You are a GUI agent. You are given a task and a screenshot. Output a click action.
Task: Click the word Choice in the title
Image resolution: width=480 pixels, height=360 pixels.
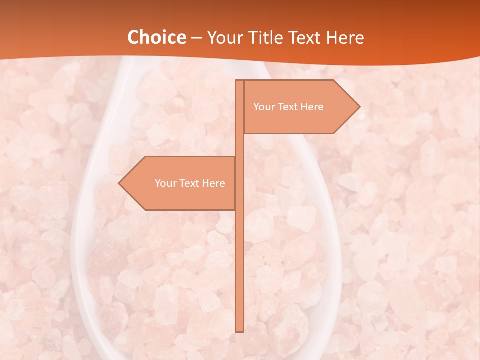point(156,37)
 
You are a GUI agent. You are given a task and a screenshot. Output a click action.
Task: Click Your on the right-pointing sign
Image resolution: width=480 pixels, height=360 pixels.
point(263,107)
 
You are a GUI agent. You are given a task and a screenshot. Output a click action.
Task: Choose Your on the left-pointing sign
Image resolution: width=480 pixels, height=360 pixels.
point(165,183)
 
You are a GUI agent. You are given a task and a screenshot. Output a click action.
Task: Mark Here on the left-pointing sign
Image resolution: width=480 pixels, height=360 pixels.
point(213,183)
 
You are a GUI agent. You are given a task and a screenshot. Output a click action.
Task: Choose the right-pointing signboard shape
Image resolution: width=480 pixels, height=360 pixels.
point(300,120)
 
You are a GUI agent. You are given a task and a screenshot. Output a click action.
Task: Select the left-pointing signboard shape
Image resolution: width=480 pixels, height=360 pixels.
point(180,197)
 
